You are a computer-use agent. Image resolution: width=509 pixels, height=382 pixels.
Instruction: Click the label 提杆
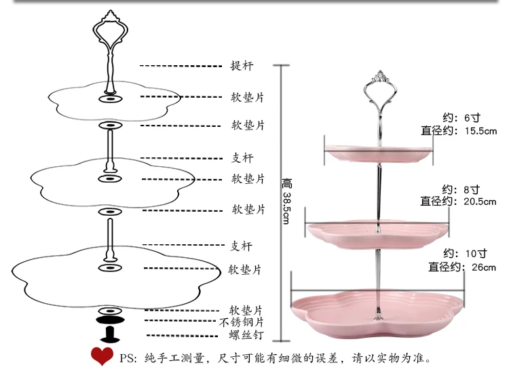coord(243,66)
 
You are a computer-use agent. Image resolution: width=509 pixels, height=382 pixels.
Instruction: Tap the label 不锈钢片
coord(242,322)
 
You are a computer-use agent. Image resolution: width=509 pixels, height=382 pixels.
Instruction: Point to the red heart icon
coord(102,356)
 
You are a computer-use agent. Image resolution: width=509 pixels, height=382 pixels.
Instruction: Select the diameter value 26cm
coord(485,267)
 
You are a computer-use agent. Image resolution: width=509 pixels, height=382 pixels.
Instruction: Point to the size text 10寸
coord(473,254)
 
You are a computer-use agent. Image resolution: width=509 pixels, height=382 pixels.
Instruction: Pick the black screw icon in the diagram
coord(109,335)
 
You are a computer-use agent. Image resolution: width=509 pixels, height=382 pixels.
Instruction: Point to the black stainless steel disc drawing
coord(109,320)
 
